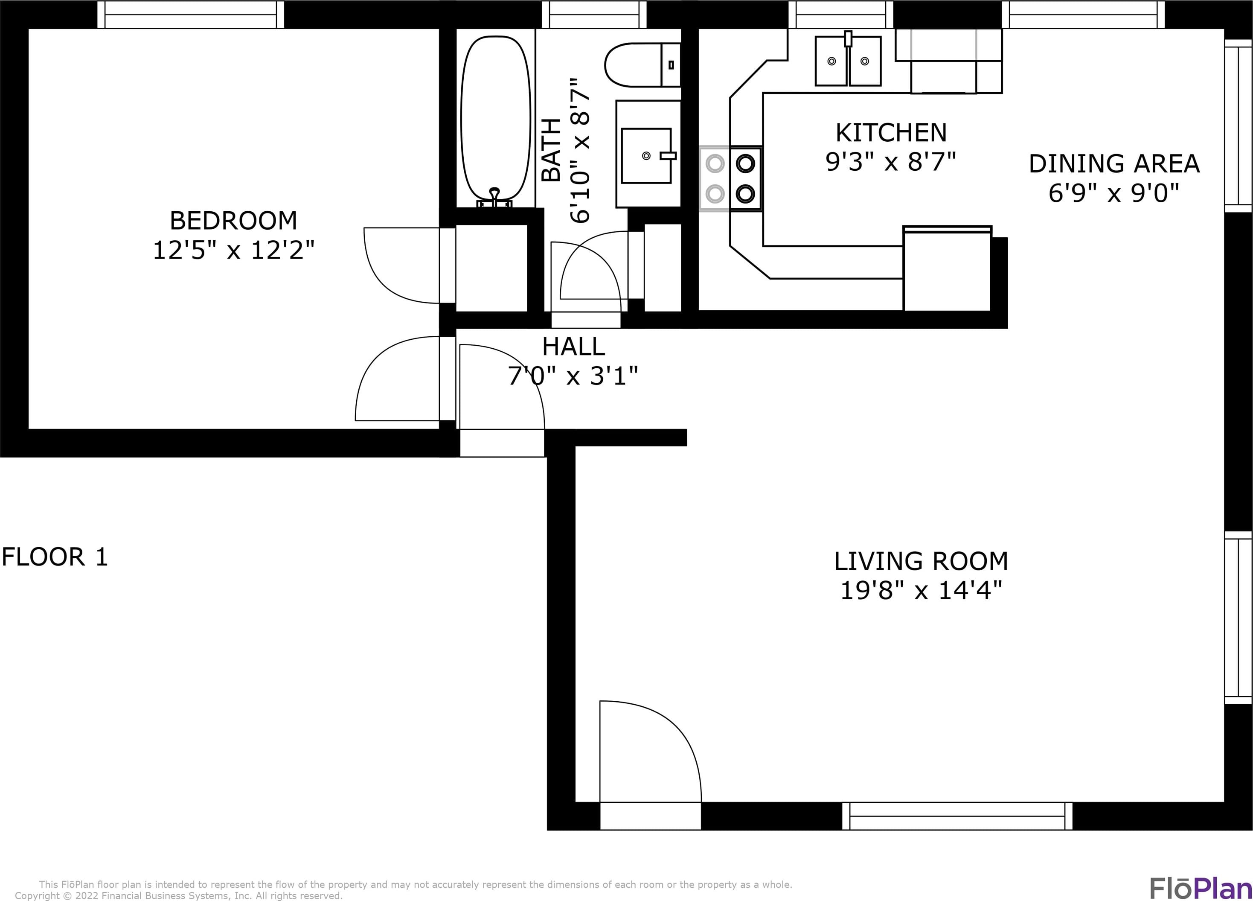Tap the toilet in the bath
642,65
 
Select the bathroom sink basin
646,155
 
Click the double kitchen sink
848,60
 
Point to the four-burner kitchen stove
730,178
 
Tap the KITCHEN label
891,133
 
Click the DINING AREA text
1114,163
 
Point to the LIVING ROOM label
921,561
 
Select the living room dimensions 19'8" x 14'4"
921,591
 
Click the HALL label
573,347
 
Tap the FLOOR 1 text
55,557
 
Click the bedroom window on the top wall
191,15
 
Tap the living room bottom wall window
957,816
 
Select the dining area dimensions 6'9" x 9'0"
1114,193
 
